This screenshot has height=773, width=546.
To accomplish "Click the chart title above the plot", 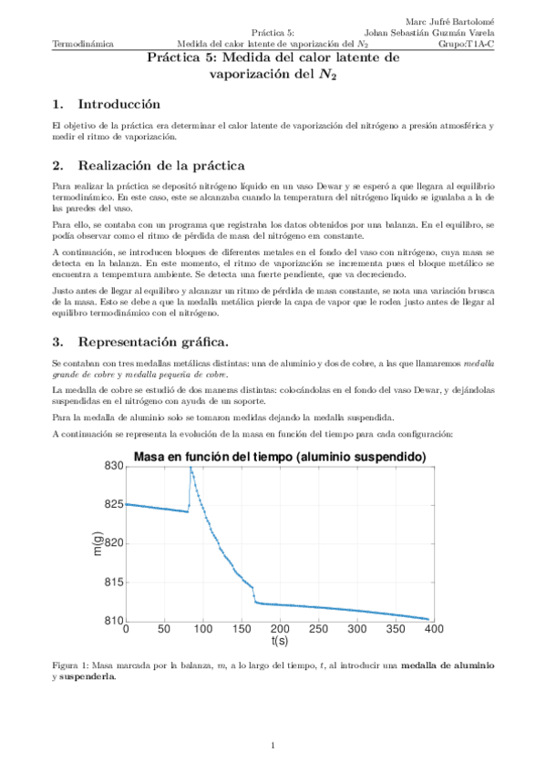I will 280,456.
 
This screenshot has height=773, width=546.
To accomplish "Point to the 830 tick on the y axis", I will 112,466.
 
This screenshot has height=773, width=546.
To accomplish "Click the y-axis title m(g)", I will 98,543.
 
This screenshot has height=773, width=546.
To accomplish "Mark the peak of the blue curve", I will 191,468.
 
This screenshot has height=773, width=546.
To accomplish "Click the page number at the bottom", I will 273,747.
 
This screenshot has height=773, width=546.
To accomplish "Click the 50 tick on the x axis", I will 164,629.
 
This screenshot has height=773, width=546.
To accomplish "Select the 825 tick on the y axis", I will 112,504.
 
